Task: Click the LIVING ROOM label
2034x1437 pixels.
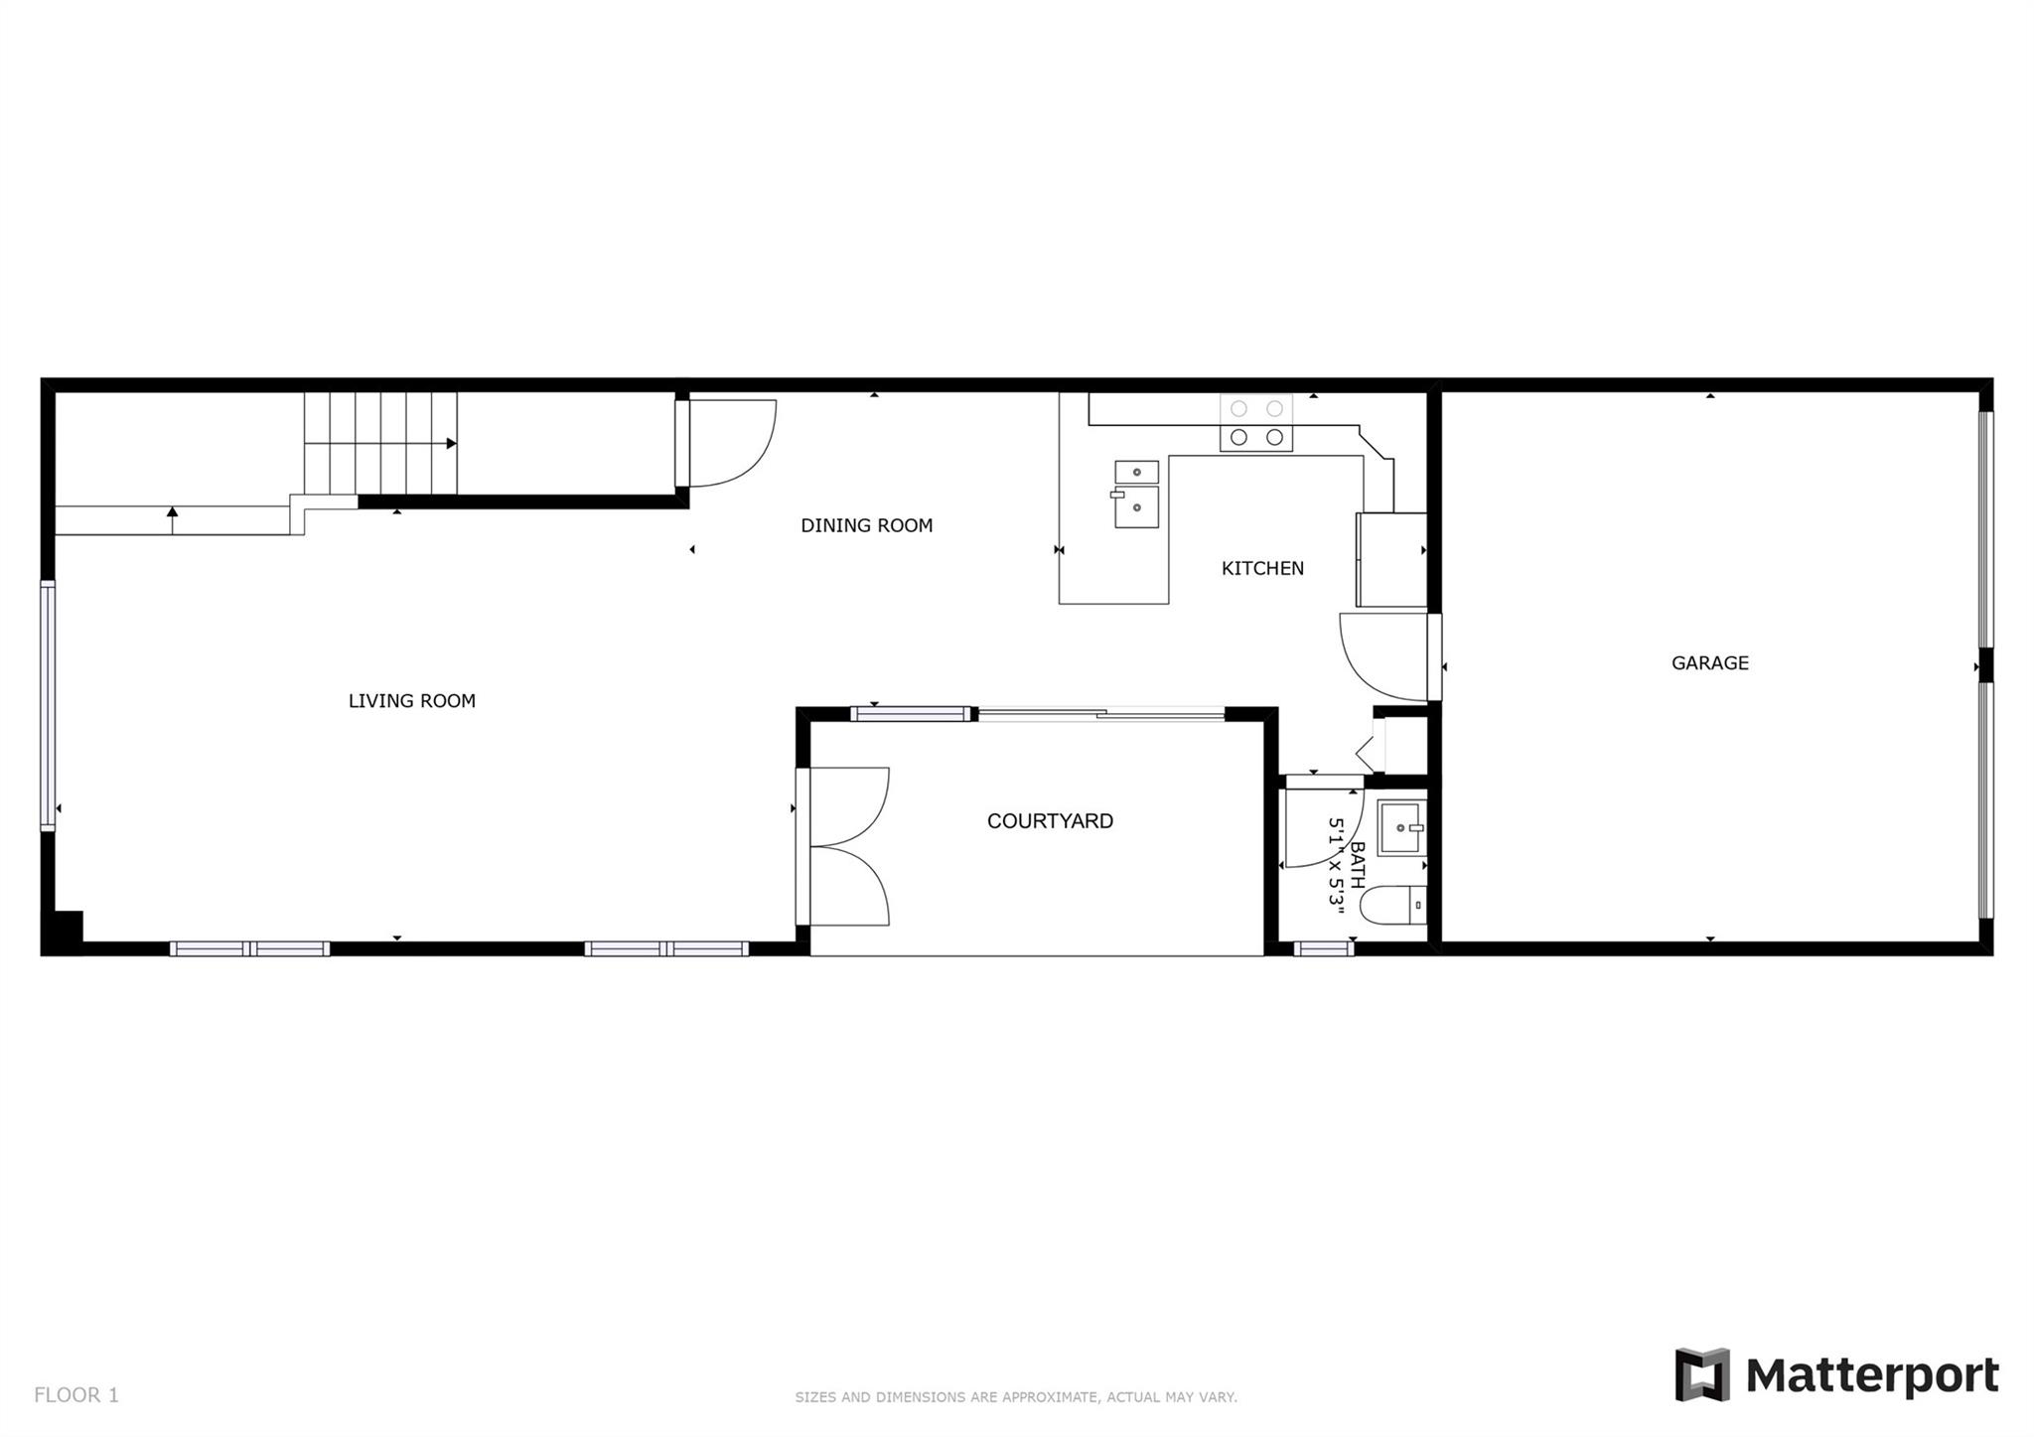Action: click(411, 701)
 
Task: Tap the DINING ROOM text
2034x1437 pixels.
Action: click(867, 525)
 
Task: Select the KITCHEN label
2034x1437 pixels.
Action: click(1262, 568)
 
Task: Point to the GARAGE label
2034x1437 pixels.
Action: click(1709, 662)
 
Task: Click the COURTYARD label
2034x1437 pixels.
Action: click(1050, 821)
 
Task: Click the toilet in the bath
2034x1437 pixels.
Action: click(1393, 906)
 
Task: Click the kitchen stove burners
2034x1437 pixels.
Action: click(1256, 423)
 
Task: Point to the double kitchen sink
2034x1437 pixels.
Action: click(1136, 494)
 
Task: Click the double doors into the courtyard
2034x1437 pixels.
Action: click(843, 847)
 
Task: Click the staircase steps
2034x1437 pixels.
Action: click(380, 444)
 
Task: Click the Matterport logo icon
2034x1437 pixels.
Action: click(1702, 1374)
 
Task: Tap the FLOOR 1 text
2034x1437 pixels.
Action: click(76, 1395)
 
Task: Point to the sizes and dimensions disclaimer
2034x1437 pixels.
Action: click(1016, 1397)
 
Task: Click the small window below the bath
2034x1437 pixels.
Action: click(1324, 949)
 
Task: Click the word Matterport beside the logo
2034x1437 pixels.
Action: click(1872, 1376)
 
